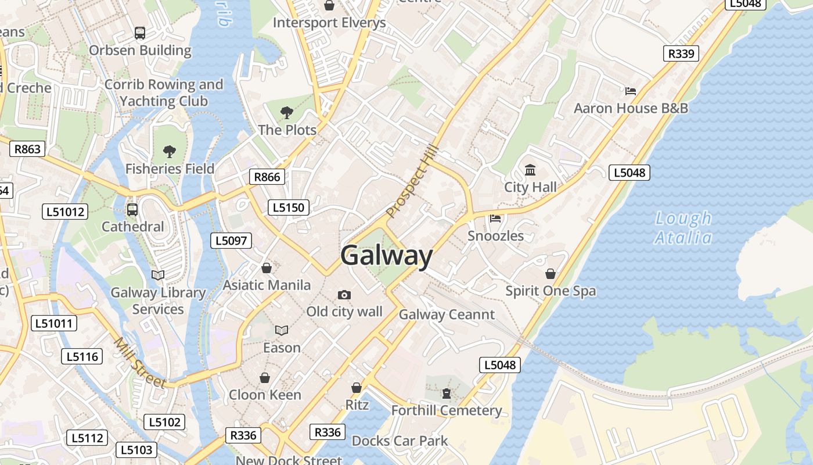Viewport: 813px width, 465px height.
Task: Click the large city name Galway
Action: tap(387, 256)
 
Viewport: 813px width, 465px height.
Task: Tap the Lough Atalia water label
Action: tap(683, 228)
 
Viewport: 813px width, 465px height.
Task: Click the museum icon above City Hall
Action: tap(530, 170)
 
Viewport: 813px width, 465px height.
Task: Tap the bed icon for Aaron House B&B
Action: tap(631, 91)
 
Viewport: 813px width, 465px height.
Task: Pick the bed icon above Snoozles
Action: tap(495, 219)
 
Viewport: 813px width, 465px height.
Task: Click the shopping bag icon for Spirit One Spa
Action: tap(550, 273)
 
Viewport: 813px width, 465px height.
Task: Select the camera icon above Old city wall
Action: tap(344, 295)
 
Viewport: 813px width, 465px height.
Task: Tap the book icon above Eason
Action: tap(282, 330)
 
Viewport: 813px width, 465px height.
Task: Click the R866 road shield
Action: tap(267, 177)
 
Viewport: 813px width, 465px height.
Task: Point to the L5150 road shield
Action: tap(289, 208)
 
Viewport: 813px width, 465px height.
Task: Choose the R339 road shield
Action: tap(681, 53)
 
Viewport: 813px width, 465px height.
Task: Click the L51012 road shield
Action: tap(66, 212)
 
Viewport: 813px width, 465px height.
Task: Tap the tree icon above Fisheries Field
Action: tap(170, 152)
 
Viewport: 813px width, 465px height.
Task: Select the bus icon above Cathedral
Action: tap(132, 209)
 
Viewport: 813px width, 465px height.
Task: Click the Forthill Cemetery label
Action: tap(447, 410)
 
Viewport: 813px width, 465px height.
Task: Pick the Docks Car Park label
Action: tap(400, 441)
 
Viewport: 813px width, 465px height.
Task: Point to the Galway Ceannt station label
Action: tap(447, 314)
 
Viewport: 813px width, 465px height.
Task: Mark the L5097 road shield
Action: tap(231, 241)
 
